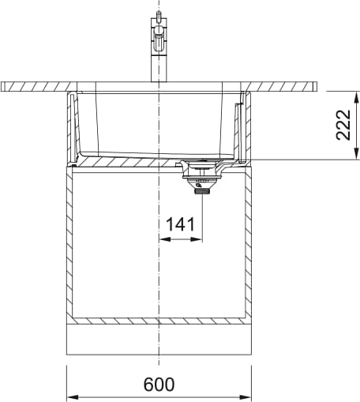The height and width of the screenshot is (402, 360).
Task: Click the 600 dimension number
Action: (159, 384)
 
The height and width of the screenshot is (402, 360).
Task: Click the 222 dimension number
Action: (343, 125)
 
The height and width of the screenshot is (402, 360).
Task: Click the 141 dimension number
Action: (181, 224)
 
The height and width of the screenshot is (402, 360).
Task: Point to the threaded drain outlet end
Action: (202, 192)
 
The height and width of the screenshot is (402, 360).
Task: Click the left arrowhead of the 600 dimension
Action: (73, 396)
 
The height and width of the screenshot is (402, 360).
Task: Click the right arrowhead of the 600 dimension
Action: (245, 396)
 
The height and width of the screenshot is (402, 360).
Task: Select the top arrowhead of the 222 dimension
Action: (357, 98)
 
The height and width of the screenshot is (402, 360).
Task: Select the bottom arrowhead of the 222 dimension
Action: (357, 153)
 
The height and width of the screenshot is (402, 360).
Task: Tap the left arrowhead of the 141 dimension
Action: (166, 239)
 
